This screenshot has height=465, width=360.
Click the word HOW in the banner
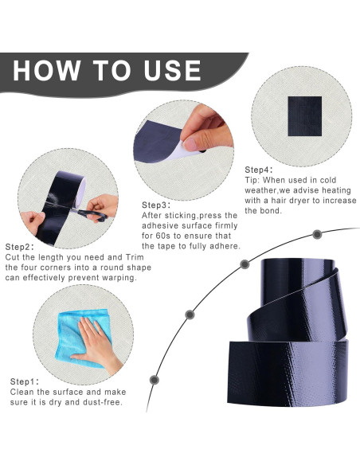[x=46, y=70]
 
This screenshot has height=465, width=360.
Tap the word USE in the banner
[x=173, y=70]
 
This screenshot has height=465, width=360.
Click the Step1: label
[x=25, y=381]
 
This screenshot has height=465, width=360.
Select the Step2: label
[x=20, y=247]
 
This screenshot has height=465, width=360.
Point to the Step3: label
[x=156, y=205]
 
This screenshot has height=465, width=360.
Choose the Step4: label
[x=259, y=170]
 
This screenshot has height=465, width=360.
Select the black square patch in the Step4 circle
[x=305, y=116]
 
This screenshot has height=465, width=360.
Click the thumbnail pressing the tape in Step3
[x=190, y=144]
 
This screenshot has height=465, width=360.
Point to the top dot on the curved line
[x=317, y=235]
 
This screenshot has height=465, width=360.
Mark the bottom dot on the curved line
[x=154, y=380]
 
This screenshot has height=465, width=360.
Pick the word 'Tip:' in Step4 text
[x=252, y=180]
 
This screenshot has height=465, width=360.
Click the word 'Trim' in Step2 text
[x=135, y=257]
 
